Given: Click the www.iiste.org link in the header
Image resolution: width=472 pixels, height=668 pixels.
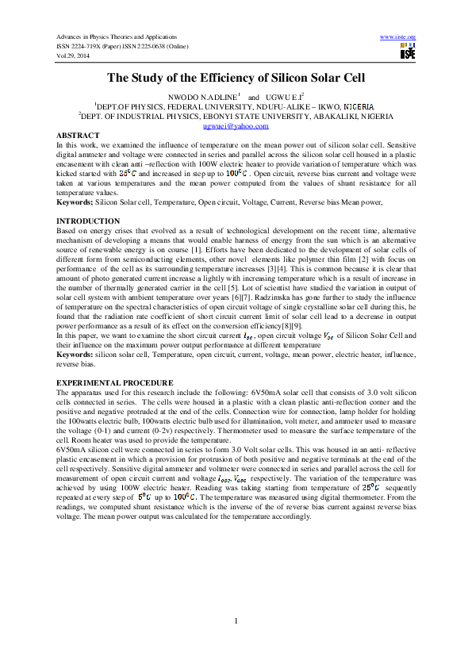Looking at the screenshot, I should (398, 37).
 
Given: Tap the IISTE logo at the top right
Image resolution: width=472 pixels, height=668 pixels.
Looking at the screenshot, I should (408, 52).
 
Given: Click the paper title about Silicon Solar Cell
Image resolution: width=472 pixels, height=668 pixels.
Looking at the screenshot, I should (236, 78).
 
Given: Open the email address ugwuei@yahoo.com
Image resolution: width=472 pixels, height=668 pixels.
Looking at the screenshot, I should (236, 126).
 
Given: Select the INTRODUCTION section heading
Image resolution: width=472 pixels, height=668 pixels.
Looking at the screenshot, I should (87, 221).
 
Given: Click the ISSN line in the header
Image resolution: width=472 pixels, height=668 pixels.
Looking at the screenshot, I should (121, 46).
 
